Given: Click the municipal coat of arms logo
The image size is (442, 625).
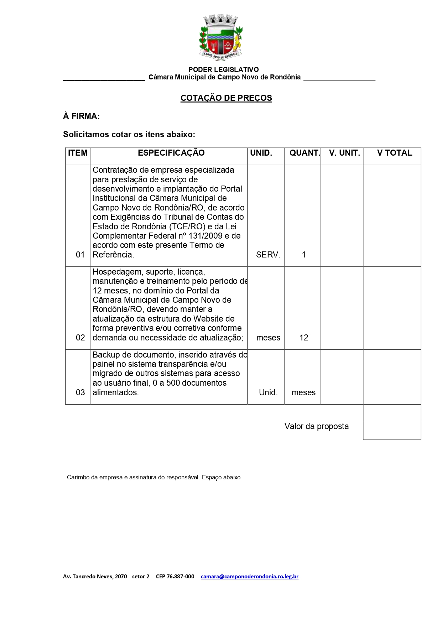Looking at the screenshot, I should pos(221,38).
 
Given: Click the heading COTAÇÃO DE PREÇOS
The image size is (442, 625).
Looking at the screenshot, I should pos(226,98).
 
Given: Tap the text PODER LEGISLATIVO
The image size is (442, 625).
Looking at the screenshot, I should pos(223,69).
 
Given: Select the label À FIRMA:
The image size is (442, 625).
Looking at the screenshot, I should pos(81,116).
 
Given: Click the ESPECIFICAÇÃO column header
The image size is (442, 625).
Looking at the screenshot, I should pos(171,153).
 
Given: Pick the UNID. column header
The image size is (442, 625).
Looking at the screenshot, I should pos(261,153).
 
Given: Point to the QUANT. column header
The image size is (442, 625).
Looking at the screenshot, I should pos(305,153).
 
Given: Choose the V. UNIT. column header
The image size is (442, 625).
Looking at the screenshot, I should pos(344,153).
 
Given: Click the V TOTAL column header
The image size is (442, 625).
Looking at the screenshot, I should pos(394,153).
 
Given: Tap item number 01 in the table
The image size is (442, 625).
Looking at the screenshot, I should pos(80,255).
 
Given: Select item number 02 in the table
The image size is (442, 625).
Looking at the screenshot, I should pos(80,338).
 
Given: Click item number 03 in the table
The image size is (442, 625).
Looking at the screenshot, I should pos(80,392).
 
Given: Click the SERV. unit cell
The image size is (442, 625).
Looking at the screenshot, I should pos(268,255).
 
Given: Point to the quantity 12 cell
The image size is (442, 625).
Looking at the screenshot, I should pos(303,338).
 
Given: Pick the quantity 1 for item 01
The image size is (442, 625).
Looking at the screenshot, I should pos(303,255).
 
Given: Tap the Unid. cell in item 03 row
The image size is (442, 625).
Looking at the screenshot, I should pos(268,392).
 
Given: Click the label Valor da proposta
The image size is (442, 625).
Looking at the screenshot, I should pos(316,426).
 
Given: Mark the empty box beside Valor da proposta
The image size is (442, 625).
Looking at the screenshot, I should pos(392,422).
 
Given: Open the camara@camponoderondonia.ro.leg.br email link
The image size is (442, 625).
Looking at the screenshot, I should pos(249,576).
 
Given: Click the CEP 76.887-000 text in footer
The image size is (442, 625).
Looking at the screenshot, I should pos(175,576).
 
